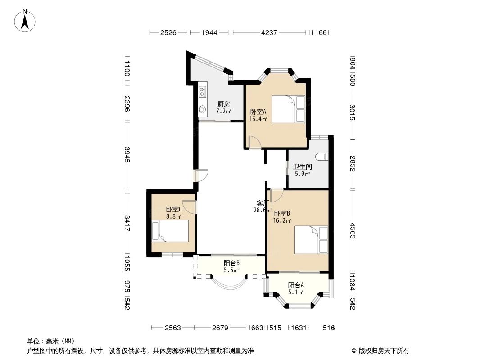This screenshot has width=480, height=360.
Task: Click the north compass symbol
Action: click(x=25, y=20)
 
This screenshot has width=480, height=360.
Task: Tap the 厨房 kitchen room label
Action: click(x=223, y=104)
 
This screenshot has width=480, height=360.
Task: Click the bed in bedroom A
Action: click(x=289, y=109)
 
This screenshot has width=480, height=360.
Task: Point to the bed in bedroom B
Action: click(x=311, y=240)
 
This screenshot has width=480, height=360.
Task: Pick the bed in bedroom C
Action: click(x=170, y=233)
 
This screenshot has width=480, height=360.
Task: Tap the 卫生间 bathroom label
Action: click(x=303, y=166)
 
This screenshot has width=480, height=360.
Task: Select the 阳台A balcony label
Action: click(x=296, y=285)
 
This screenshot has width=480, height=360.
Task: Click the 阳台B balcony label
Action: click(x=231, y=263)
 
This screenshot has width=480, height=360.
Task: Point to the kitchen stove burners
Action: click(x=202, y=91)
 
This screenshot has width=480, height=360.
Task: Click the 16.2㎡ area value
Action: click(x=282, y=220)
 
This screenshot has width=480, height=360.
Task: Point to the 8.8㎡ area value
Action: click(x=173, y=216)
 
